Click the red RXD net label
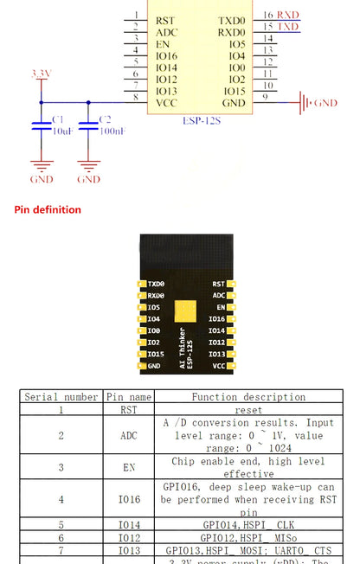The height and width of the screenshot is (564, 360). [288, 15]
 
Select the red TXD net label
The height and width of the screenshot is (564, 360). [288, 27]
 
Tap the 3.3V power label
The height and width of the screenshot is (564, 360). [41, 74]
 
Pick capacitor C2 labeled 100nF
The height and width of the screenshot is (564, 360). [89, 125]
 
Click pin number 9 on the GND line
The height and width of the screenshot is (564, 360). [264, 97]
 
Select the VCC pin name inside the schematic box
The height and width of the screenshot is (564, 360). [166, 102]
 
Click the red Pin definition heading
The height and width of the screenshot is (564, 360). [48, 209]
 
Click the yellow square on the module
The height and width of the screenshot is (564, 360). [185, 312]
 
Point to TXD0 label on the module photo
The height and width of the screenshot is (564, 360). [156, 284]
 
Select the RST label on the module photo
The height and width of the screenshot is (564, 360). [218, 284]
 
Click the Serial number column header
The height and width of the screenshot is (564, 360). [61, 397]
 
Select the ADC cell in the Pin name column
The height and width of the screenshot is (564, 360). [128, 436]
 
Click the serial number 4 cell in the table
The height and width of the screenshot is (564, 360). [61, 499]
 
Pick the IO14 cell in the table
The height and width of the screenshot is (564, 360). [128, 524]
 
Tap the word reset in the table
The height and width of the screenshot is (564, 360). [248, 410]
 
